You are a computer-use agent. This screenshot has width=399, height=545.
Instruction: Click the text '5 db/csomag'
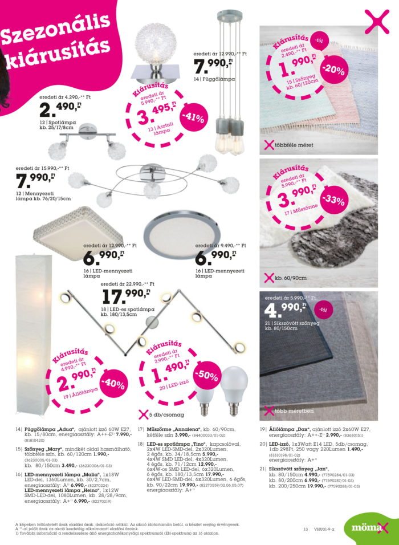coord(165,414)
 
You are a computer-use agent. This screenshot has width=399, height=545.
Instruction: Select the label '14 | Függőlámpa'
coord(215,79)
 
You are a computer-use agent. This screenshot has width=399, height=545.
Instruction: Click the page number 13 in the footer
coord(306,529)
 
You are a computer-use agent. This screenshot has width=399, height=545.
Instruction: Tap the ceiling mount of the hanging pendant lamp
coord(229,14)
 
